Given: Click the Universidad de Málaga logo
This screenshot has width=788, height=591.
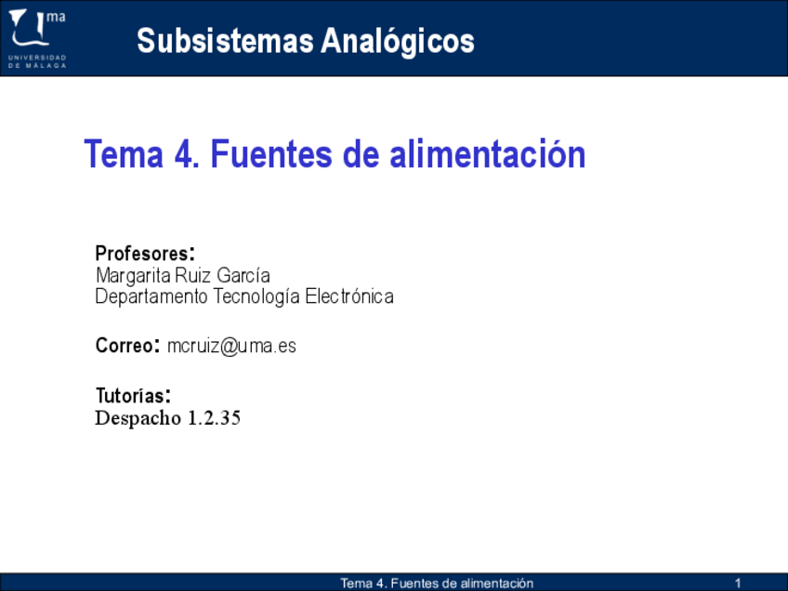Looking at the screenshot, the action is tap(37, 38).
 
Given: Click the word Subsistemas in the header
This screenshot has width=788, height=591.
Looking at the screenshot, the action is tap(226, 41).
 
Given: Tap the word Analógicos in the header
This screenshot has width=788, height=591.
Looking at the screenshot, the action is tap(398, 40).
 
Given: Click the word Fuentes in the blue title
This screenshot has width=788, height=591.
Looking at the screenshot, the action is tap(271, 153).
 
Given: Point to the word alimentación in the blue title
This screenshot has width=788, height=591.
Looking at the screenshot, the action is tap(488, 153).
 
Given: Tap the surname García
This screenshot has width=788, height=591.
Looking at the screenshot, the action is tap(243, 275).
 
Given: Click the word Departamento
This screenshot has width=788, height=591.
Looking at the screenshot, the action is tap(151, 297).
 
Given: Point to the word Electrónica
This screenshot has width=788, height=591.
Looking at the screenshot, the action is tap(349, 296).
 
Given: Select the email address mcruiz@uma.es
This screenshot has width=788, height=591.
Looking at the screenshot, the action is tap(231, 346).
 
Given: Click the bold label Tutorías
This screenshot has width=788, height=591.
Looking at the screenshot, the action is tap(133, 396).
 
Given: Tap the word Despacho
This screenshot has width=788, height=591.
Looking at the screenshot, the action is tap(138, 418).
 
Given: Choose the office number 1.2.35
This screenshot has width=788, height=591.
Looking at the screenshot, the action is tap(214, 418).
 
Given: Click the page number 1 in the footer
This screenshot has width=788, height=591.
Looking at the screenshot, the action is tap(738, 583).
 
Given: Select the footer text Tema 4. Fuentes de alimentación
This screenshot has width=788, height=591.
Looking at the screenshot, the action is tap(437, 583).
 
